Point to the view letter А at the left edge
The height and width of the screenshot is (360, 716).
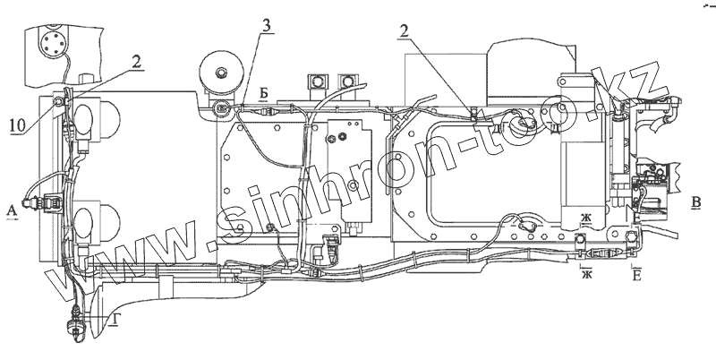pos(11,210)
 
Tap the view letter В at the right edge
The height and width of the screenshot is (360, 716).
pos(695,201)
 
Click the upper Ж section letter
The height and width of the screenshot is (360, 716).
pos(586,219)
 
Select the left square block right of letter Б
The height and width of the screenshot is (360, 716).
pos(315,81)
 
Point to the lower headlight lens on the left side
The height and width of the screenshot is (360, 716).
pos(89,219)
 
